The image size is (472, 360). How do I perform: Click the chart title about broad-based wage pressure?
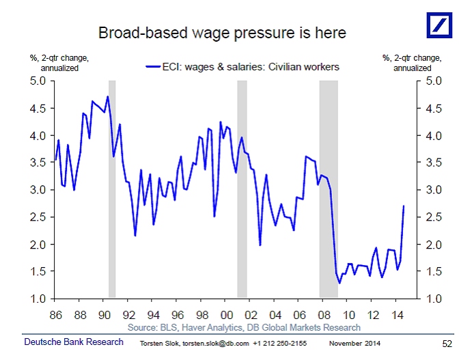[x=222, y=33]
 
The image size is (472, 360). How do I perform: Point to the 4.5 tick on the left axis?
[x=36, y=108]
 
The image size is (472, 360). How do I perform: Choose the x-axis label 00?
[x=226, y=315]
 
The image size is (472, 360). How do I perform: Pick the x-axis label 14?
[x=396, y=315]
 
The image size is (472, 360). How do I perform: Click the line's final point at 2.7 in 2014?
[x=404, y=206]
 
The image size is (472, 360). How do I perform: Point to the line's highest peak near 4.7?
[x=107, y=96]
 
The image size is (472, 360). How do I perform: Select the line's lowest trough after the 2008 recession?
[x=339, y=283]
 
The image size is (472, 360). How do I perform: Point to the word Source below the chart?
[x=144, y=328]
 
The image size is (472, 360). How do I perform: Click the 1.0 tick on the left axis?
[x=36, y=299]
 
